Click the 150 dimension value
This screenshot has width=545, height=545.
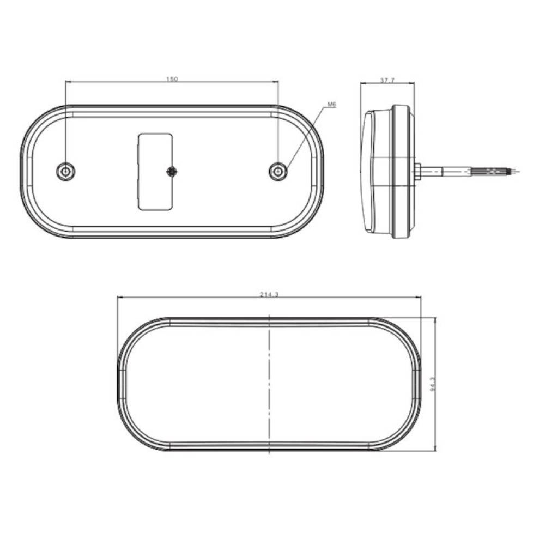coord(172,79)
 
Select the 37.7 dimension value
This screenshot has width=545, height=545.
coord(387,80)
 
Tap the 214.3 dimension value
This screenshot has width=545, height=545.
coord(269,294)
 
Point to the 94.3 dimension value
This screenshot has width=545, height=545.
coord(433,384)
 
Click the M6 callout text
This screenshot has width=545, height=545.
coord(332,104)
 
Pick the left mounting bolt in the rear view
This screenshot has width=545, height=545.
coord(66,171)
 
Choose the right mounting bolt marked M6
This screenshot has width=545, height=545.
coord(278,171)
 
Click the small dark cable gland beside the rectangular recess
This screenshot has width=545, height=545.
coord(172,171)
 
